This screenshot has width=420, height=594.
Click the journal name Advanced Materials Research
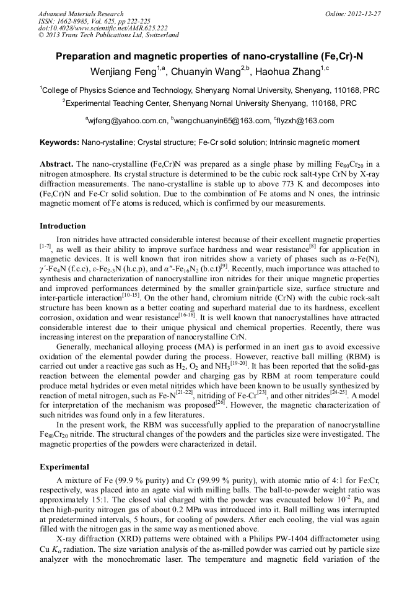coord(81,14)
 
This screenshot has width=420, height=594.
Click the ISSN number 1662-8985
coord(77,21)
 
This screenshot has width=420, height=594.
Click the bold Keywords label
coord(59,142)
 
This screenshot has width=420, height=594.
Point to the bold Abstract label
coord(56,164)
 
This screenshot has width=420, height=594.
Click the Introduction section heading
coord(63,226)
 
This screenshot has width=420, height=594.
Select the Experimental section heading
coord(64,466)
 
